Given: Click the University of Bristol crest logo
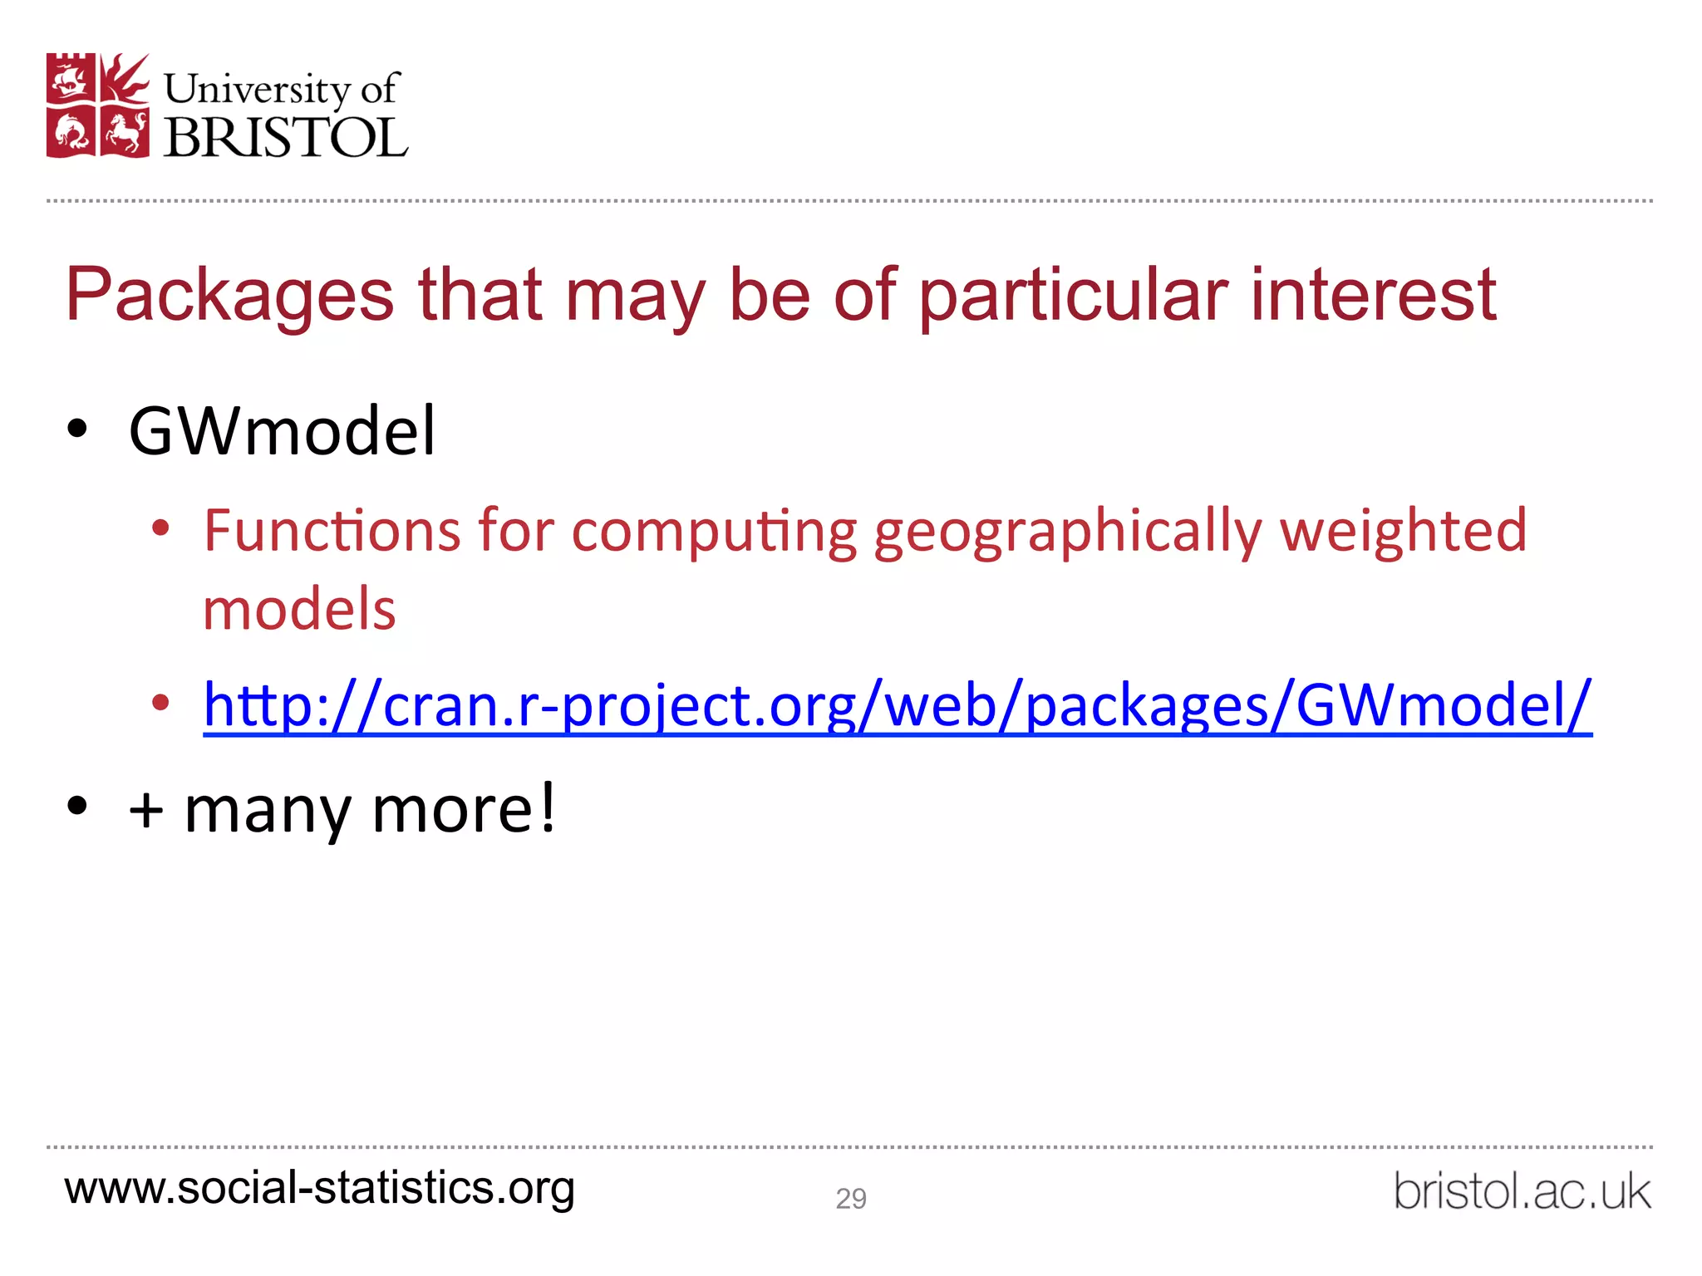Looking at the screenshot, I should [98, 106].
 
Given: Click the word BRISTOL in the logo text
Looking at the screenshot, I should [286, 137].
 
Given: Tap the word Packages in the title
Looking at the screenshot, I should [229, 296].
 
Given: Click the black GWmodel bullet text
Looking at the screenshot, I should [282, 431].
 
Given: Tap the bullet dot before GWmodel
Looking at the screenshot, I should [77, 430].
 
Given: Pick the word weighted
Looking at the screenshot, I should [1403, 532].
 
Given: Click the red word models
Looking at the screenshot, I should [299, 609].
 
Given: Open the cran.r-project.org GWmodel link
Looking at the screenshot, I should [898, 705].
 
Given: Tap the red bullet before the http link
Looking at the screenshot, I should [160, 704].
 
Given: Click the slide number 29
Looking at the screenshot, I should [851, 1198].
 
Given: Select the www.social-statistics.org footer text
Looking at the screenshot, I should [320, 1188].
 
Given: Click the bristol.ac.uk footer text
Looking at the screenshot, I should [1522, 1191].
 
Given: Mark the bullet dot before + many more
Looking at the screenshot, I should [77, 806].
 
